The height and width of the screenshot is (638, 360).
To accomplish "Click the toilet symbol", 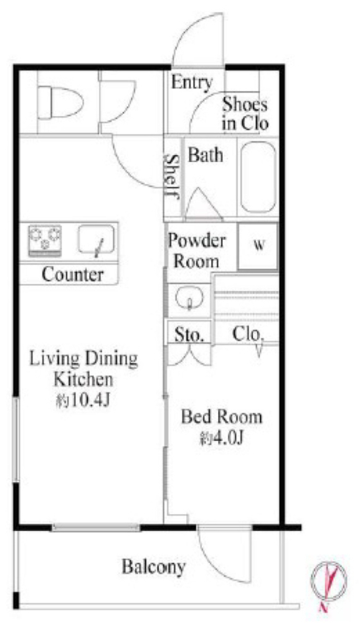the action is click(x=60, y=102).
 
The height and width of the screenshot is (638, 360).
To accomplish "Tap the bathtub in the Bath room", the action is click(x=258, y=177).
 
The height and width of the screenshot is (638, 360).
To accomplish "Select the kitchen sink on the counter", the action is click(x=96, y=240).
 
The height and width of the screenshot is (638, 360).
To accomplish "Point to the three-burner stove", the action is click(x=45, y=240).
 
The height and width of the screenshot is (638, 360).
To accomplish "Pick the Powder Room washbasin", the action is click(x=189, y=298).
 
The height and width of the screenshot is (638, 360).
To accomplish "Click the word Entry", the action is click(x=192, y=83).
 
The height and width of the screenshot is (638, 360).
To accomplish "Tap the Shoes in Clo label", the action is click(x=245, y=115).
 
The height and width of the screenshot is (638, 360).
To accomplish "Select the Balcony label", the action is click(x=154, y=567).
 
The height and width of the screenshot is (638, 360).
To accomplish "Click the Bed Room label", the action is click(x=222, y=417).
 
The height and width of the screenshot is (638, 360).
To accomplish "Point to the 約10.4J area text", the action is click(x=83, y=401).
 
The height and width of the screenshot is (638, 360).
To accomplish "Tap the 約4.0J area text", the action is click(x=222, y=438).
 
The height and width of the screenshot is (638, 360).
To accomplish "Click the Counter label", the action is click(x=72, y=275).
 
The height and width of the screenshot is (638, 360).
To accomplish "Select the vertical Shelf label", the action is click(x=173, y=176).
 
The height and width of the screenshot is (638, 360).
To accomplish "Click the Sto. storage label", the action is click(x=189, y=335).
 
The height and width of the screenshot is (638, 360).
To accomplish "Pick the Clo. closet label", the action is click(x=248, y=334).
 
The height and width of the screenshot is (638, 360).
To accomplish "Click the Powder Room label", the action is click(x=196, y=251).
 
